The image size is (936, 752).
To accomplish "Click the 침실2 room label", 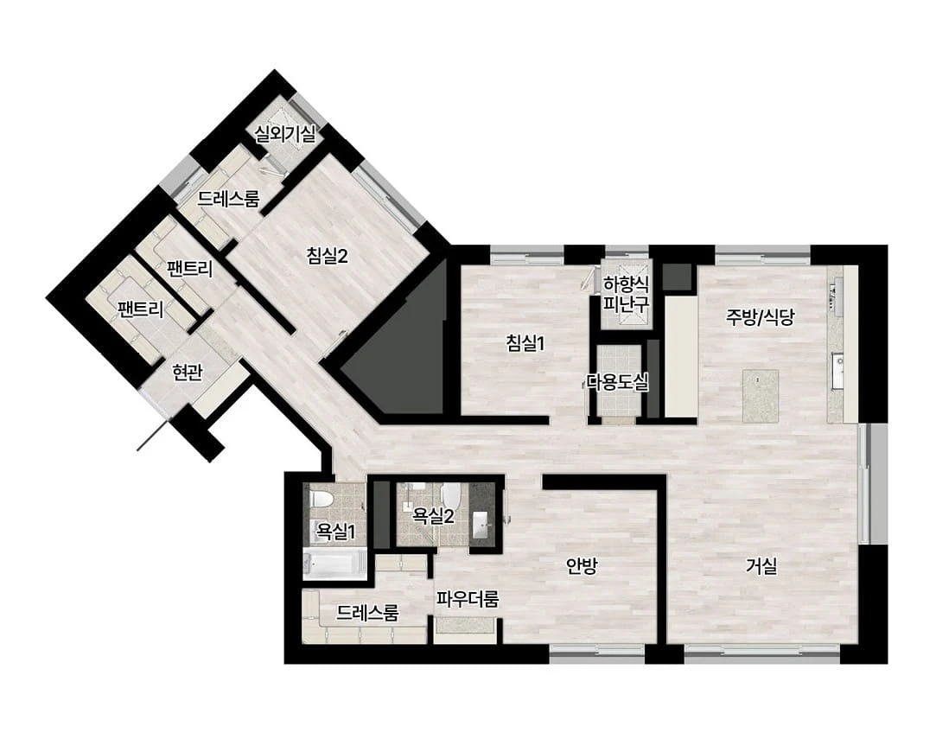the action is (327, 256).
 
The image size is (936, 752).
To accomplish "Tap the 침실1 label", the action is (525, 342).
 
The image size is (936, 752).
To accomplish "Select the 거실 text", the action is (761, 565).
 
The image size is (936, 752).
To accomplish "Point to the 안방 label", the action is (582, 566).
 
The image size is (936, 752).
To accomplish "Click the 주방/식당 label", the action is (761, 316).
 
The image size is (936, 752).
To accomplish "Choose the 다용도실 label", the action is (617, 382).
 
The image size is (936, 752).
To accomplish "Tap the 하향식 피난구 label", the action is (626, 294).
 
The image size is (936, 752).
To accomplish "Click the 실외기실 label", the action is (285, 133).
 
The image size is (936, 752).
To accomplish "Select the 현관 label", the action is (188, 373).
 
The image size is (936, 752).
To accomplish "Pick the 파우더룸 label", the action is (468, 599).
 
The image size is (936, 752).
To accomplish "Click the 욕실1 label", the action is (335, 531).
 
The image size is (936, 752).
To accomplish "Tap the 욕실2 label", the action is (433, 516).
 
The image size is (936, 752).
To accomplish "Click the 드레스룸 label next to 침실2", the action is (229, 198).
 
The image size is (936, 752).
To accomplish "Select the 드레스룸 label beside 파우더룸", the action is (367, 612).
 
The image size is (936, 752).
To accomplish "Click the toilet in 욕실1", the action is (322, 499).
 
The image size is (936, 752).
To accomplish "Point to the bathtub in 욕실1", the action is (334, 564).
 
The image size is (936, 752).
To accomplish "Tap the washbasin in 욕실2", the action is (482, 526).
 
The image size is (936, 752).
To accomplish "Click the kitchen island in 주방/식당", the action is (761, 396).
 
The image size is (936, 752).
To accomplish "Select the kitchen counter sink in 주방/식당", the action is (839, 362).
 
